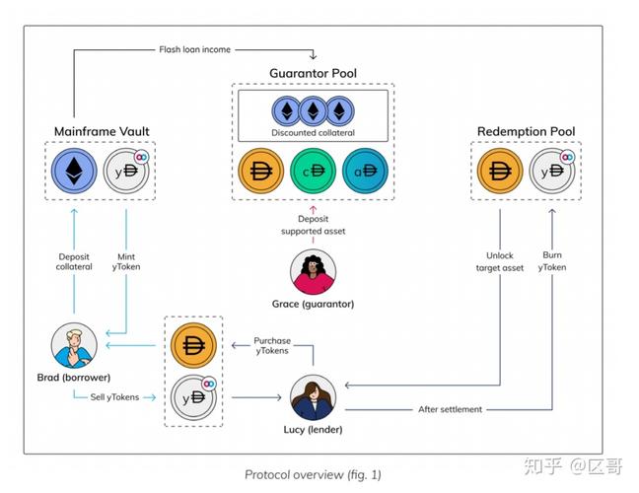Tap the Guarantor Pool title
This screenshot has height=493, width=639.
313,74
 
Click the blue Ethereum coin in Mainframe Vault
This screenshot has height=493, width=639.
74,171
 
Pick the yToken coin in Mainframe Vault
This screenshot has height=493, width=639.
126,171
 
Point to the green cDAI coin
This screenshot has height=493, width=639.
314,171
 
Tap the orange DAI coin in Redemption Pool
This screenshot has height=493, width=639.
499,171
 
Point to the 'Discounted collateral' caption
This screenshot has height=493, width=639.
313,132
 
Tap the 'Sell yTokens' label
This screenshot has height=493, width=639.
114,396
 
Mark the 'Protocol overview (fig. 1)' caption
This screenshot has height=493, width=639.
312,473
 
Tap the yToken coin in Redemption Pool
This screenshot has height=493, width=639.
551,171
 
